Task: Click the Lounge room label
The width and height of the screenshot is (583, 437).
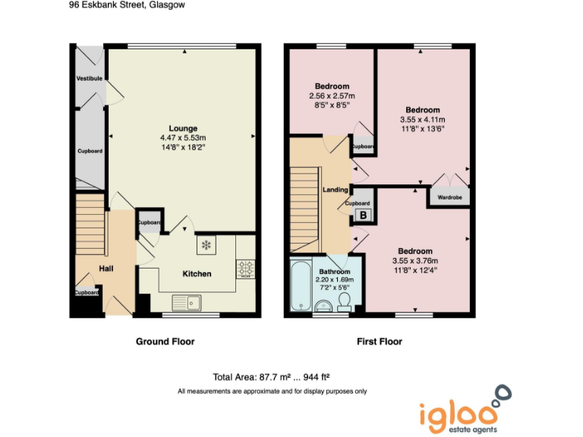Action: pyautogui.click(x=184, y=128)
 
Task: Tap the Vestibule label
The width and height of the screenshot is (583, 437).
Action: pyautogui.click(x=89, y=79)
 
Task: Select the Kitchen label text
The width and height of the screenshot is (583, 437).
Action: pyautogui.click(x=197, y=274)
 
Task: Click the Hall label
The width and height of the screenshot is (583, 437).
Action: pyautogui.click(x=107, y=269)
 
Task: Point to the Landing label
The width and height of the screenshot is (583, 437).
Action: pyautogui.click(x=336, y=190)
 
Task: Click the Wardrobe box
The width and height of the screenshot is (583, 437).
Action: pyautogui.click(x=449, y=197)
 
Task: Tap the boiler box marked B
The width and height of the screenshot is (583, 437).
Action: pyautogui.click(x=363, y=216)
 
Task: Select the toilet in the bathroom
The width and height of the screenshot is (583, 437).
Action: pyautogui.click(x=343, y=303)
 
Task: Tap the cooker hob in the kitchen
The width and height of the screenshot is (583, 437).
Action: pyautogui.click(x=246, y=269)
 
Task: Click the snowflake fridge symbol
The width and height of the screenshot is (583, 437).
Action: pyautogui.click(x=206, y=245)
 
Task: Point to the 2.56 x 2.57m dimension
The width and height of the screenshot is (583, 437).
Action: pyautogui.click(x=332, y=96)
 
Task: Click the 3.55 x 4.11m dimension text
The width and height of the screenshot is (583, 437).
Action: pyautogui.click(x=422, y=120)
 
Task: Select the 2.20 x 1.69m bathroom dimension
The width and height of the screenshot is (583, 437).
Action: pyautogui.click(x=335, y=281)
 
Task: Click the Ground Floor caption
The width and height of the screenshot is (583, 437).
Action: pyautogui.click(x=165, y=341)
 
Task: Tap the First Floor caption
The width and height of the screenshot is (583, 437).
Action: pyautogui.click(x=380, y=341)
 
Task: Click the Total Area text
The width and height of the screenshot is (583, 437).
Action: pyautogui.click(x=271, y=376)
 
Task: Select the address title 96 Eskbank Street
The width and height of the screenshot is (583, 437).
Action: pyautogui.click(x=126, y=5)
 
